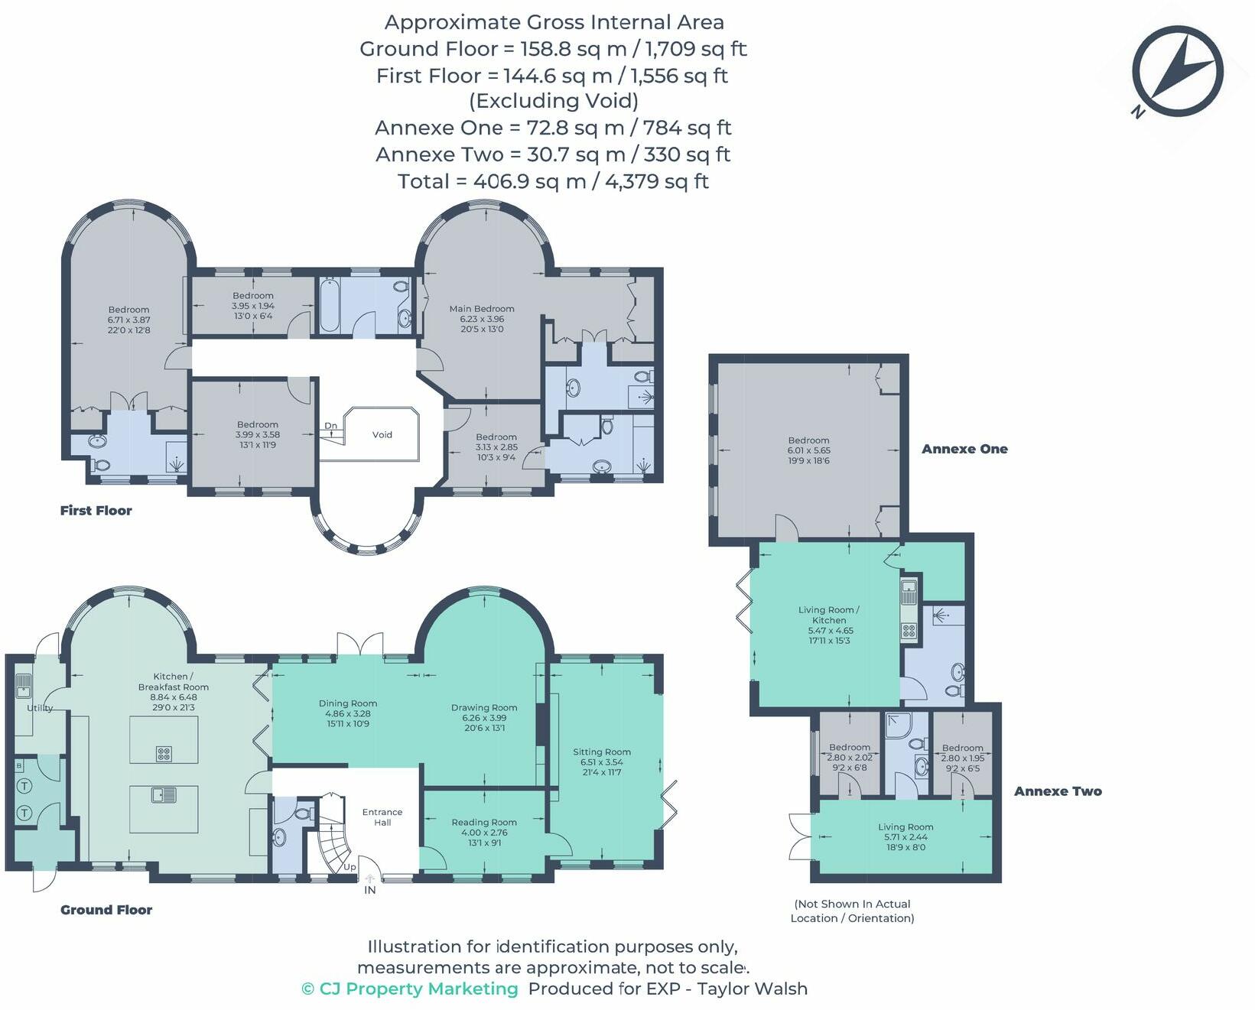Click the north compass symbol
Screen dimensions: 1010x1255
(1179, 71)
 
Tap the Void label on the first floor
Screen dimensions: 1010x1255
(382, 434)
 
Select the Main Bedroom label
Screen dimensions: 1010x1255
(481, 309)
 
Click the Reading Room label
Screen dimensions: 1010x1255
(483, 823)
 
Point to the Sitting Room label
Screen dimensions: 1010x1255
(601, 752)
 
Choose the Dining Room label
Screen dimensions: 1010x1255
(347, 703)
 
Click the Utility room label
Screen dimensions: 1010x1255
(40, 708)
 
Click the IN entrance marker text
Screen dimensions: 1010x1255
(369, 890)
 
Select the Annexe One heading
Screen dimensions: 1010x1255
(964, 449)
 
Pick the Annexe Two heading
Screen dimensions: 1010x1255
(1057, 791)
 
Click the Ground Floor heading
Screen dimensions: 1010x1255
(106, 910)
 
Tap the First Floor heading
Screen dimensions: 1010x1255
(96, 511)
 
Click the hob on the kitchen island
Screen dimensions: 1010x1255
(164, 755)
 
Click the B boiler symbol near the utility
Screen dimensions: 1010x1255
(19, 765)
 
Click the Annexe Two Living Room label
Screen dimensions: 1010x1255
(905, 827)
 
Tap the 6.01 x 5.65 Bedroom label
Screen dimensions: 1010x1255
(808, 440)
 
